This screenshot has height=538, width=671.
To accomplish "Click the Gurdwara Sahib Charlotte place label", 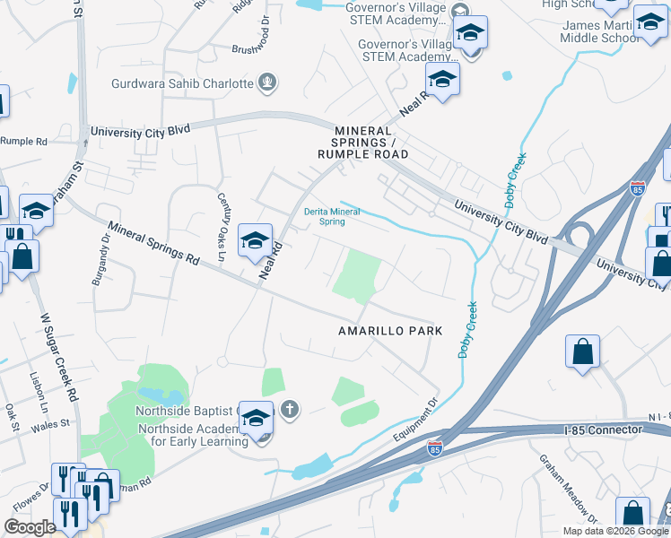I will [x=182, y=83].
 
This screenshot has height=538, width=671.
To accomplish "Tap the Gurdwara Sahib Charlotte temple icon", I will [x=266, y=83].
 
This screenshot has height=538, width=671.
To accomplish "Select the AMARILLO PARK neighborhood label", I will [x=390, y=331].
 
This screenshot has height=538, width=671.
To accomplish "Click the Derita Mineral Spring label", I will [x=332, y=216].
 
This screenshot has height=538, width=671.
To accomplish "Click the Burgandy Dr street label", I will [x=99, y=259].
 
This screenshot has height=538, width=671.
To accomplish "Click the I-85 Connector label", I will [x=604, y=430].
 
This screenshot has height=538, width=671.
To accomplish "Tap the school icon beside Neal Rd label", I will [x=255, y=240].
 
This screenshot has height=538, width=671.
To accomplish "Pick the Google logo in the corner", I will [x=30, y=527].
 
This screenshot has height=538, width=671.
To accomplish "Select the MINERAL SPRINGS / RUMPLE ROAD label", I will [x=362, y=143].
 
